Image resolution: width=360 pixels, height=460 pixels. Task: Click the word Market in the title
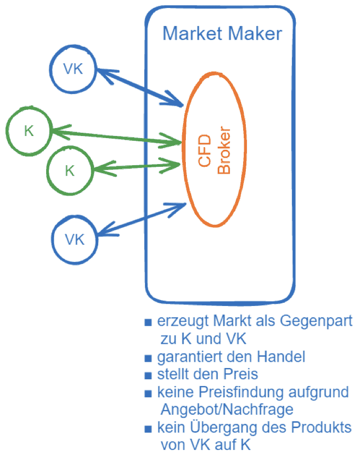click(193, 33)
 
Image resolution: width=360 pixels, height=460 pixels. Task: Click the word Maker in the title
click(255, 33)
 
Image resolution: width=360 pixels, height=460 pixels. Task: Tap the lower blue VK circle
click(75, 239)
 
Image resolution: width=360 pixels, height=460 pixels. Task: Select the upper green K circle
click(29, 131)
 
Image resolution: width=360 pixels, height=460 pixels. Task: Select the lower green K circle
click(70, 171)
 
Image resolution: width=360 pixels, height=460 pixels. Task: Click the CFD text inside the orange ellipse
click(205, 151)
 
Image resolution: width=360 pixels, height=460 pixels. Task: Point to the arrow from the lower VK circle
click(140, 218)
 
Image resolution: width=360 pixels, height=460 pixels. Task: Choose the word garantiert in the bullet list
click(188, 356)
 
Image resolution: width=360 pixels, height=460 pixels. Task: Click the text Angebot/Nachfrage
click(226, 410)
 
